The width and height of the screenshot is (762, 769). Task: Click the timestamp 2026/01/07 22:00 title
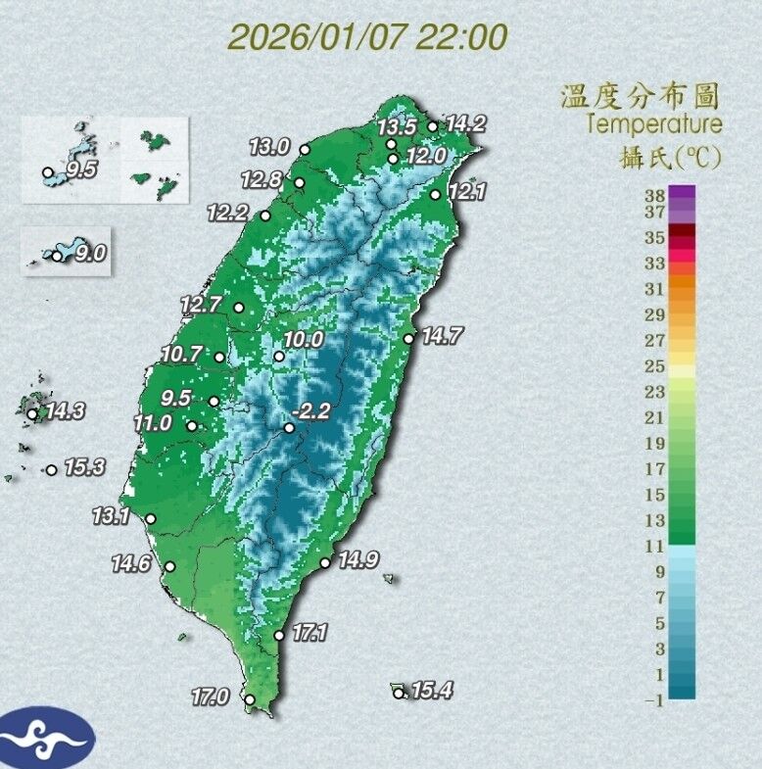(x=368, y=38)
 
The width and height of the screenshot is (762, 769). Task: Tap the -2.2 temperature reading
(x=313, y=412)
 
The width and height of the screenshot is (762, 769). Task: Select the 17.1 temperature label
(x=309, y=634)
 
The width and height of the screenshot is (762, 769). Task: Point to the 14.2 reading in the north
(x=465, y=124)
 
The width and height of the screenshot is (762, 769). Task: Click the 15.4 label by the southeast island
(x=431, y=692)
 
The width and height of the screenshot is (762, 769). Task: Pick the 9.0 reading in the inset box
(x=90, y=255)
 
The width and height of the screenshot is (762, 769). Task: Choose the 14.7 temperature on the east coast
(x=442, y=337)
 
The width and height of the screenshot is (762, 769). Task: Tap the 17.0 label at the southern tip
(x=210, y=697)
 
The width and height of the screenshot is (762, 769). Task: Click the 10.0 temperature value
(x=304, y=340)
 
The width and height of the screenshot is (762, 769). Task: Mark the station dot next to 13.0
(x=305, y=150)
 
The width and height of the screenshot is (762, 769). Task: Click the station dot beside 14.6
(x=169, y=566)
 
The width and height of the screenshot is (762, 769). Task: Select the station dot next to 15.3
(x=51, y=470)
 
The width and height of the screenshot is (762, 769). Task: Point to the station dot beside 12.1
(x=435, y=195)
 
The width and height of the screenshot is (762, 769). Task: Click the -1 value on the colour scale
(x=652, y=698)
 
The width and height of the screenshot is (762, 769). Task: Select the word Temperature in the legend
(x=654, y=124)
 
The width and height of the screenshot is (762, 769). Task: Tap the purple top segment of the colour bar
(x=682, y=192)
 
